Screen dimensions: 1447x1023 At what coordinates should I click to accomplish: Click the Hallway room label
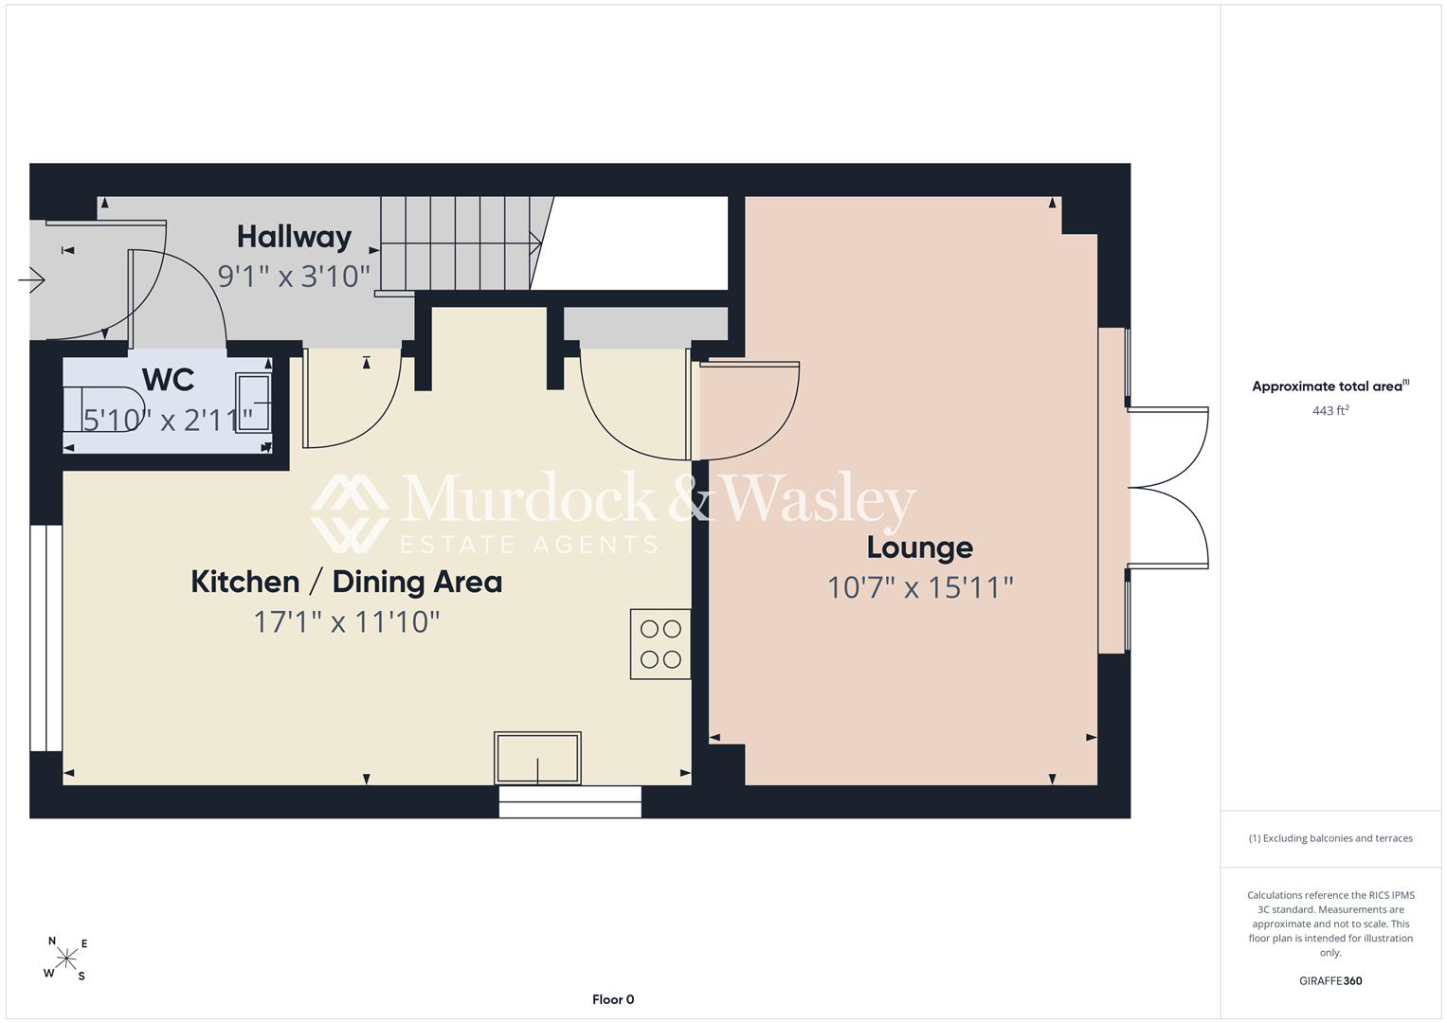pos(295,238)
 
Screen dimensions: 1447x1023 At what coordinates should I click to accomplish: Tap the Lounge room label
pos(920,547)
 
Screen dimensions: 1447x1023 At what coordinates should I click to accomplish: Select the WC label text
pos(168,380)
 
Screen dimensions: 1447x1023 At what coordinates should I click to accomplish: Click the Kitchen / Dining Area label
pos(346,582)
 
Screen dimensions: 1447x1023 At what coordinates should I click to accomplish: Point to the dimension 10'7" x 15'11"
pos(920,587)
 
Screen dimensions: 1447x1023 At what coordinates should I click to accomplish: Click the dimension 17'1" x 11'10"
pos(346,622)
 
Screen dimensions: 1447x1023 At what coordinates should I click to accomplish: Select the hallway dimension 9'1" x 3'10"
pos(294,277)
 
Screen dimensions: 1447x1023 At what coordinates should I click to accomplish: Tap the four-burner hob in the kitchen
pos(660,644)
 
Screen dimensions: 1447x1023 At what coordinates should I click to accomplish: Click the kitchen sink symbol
pos(537,758)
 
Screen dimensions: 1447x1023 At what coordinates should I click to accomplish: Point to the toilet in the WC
pos(104,409)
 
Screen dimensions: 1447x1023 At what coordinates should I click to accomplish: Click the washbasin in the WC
pos(253,402)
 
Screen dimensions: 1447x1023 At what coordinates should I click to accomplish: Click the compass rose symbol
pos(66,958)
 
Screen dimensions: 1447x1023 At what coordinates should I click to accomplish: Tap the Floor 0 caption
pos(613,999)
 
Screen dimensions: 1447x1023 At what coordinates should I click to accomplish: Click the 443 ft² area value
pos(1330,410)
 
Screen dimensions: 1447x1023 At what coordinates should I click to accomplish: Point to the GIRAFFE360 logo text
pos(1330,980)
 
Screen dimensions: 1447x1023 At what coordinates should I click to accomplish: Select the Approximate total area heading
pos(1330,386)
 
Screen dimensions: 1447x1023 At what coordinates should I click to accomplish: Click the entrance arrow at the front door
pos(31,280)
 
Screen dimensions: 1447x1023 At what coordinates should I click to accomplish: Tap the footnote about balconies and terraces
pos(1330,838)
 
